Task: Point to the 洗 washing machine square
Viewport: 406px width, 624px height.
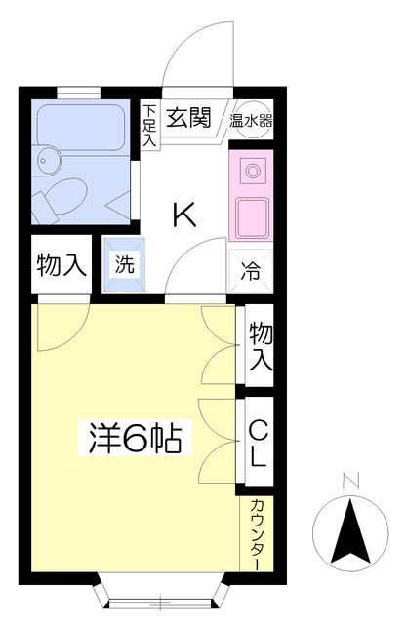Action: (124, 263)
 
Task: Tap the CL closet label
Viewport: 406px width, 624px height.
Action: (259, 443)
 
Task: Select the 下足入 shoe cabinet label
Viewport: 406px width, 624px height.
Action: (149, 125)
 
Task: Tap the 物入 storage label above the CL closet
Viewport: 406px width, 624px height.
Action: (260, 345)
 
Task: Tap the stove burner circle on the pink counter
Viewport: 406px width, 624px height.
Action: (253, 171)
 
